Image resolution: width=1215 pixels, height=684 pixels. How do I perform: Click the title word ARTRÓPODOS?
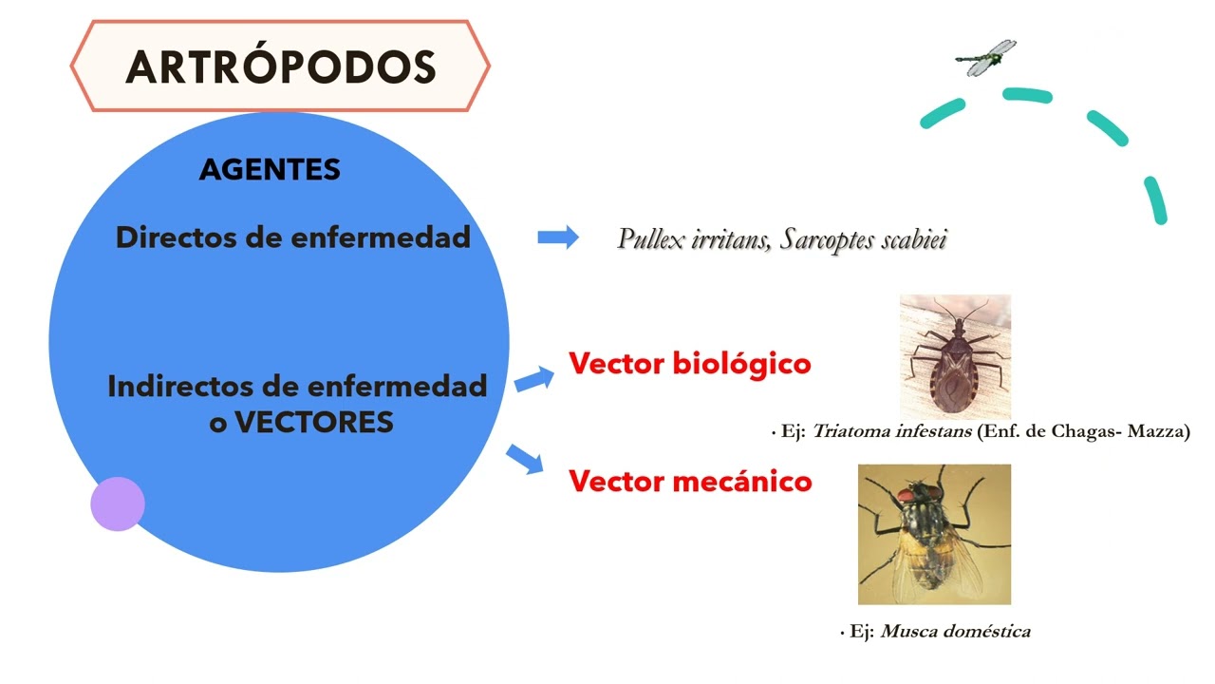(x=281, y=66)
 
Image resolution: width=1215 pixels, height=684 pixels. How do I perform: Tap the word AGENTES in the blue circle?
(x=270, y=170)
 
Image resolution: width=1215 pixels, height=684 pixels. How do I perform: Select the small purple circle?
(x=118, y=503)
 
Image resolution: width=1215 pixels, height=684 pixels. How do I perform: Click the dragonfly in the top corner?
(x=985, y=58)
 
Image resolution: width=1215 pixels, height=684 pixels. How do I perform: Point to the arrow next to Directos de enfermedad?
(x=558, y=237)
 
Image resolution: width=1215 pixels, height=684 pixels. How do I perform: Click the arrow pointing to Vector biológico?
(x=533, y=379)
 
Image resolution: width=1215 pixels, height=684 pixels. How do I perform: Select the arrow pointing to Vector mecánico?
(x=525, y=459)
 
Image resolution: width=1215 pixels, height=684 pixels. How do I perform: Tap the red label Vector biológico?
(x=690, y=363)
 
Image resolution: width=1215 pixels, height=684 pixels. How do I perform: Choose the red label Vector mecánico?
(x=690, y=481)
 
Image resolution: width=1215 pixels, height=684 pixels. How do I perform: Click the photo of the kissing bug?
(x=955, y=356)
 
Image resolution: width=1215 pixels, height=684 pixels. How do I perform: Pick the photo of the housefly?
(x=934, y=534)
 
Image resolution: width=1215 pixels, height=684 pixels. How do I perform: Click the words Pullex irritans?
(x=693, y=238)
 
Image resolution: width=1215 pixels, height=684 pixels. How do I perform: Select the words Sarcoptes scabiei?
(x=864, y=238)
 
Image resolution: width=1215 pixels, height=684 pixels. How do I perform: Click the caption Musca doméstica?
(x=956, y=631)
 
